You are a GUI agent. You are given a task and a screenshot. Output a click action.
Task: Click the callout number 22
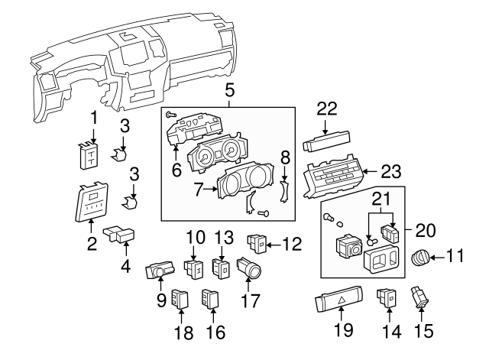pyautogui.click(x=327, y=109)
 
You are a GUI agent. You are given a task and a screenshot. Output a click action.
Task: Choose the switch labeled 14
pyautogui.click(x=387, y=297)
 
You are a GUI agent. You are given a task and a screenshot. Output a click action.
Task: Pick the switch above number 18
pyautogui.click(x=180, y=297)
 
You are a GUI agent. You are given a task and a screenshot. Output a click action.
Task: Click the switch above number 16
pyautogui.click(x=211, y=297)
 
